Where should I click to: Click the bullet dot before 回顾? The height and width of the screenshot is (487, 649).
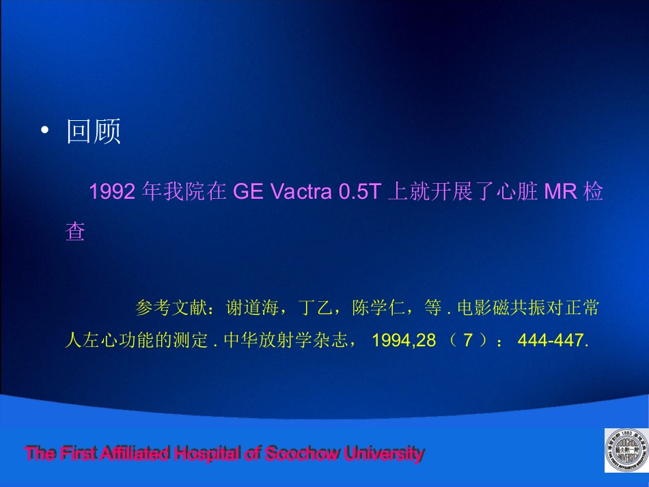coord(45,130)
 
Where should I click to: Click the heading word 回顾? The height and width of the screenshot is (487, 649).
coord(94,130)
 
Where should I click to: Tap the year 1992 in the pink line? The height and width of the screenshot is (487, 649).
coord(111,193)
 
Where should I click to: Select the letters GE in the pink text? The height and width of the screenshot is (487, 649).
coord(249,193)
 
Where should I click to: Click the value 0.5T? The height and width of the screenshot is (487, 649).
coord(359,193)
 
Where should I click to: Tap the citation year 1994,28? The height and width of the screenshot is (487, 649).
coord(404,340)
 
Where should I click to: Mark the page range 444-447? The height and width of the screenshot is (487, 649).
coord(553,340)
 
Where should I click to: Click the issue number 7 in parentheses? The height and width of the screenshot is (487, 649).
coord(468,340)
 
